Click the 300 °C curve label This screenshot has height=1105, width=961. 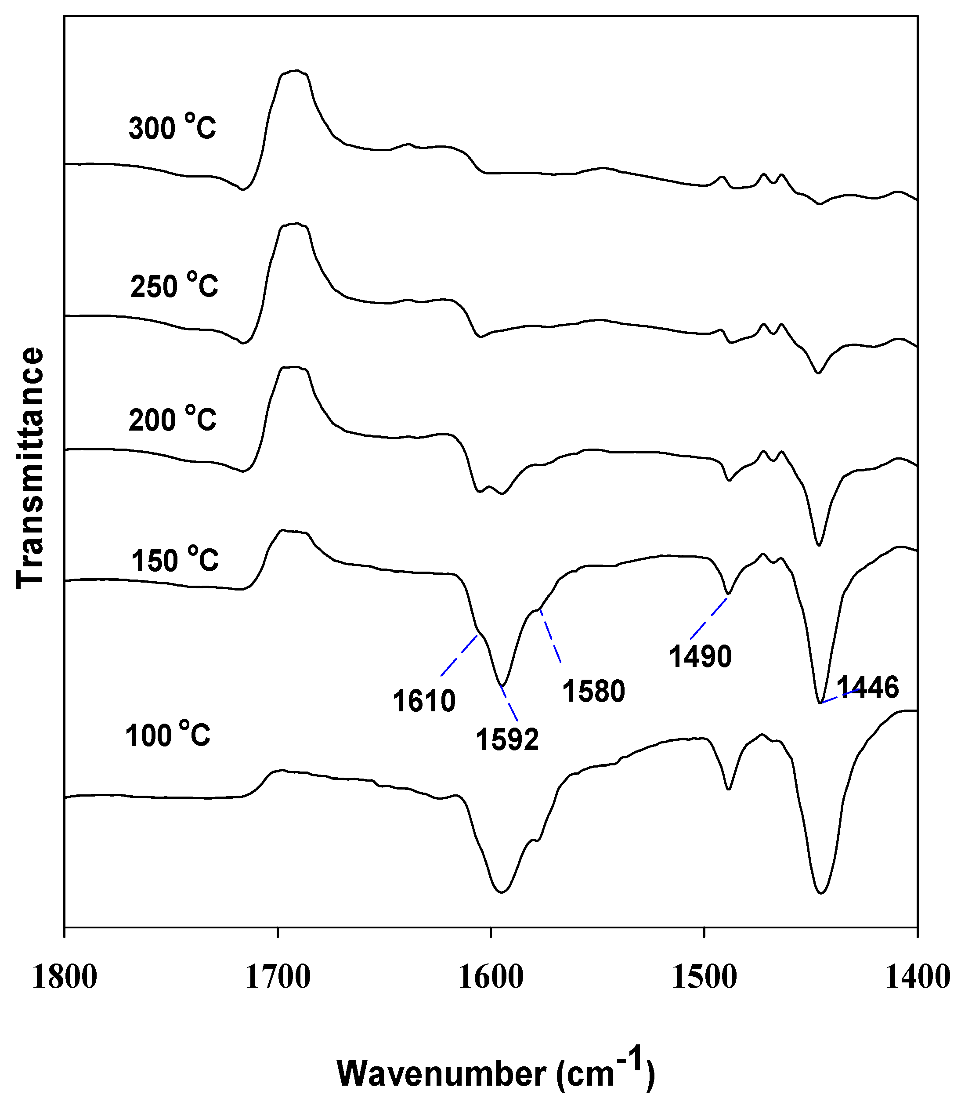[172, 128]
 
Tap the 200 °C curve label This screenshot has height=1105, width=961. [172, 418]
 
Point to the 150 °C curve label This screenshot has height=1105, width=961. [175, 559]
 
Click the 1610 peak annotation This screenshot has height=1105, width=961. [424, 700]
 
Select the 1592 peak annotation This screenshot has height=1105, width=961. [507, 739]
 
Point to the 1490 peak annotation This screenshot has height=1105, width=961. [701, 656]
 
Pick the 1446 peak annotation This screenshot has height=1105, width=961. [867, 687]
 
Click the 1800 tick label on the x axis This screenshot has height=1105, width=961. [65, 977]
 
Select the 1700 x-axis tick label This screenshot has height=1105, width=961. [278, 977]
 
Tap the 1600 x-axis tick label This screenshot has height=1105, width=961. [491, 977]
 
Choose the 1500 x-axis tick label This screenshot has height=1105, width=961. [704, 977]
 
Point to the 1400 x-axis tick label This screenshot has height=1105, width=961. [917, 977]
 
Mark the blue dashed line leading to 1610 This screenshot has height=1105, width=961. [459, 655]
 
